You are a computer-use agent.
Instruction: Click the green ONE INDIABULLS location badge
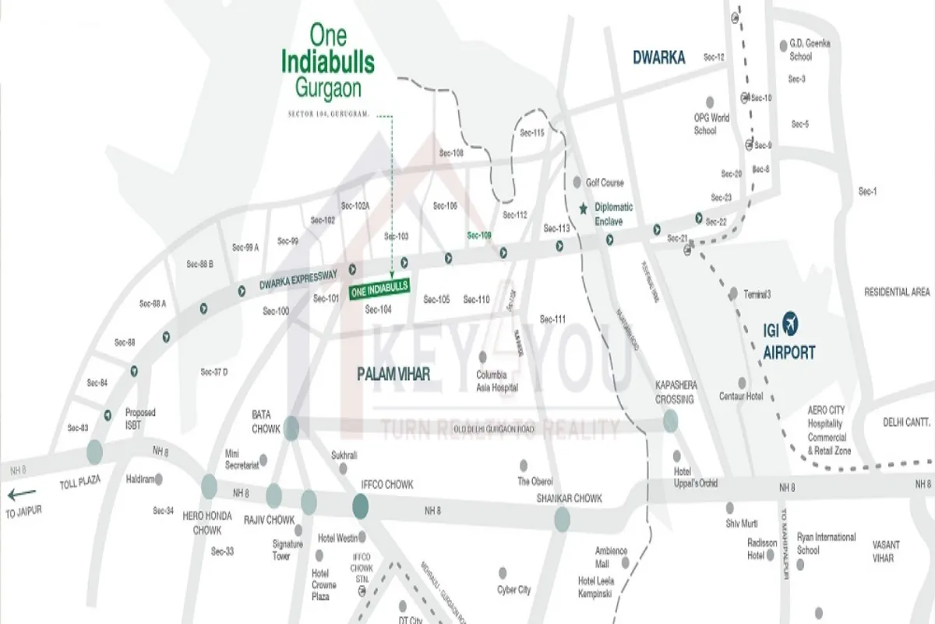coord(379,289)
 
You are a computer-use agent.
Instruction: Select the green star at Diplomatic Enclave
coord(584,208)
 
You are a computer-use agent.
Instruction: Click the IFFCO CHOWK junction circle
coord(360,507)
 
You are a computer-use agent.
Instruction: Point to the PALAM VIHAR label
coord(393,374)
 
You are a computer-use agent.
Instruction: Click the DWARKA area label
coord(658,57)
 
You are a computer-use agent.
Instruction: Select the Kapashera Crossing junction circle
coord(671,421)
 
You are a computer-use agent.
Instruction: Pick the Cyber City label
coord(514,590)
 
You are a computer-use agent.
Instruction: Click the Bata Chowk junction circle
coord(291,427)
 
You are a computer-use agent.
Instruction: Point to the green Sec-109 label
coord(479,235)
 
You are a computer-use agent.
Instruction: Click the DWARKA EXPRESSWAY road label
coord(298,281)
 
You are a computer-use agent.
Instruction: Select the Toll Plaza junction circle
coord(94,451)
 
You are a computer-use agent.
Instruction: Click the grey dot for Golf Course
coord(577,182)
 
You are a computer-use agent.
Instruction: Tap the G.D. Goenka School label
coord(810,50)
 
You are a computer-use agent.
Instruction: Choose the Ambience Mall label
coord(612,557)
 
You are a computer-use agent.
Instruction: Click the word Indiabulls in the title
coord(327,62)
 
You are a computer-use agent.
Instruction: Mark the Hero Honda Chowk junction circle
coord(209,487)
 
